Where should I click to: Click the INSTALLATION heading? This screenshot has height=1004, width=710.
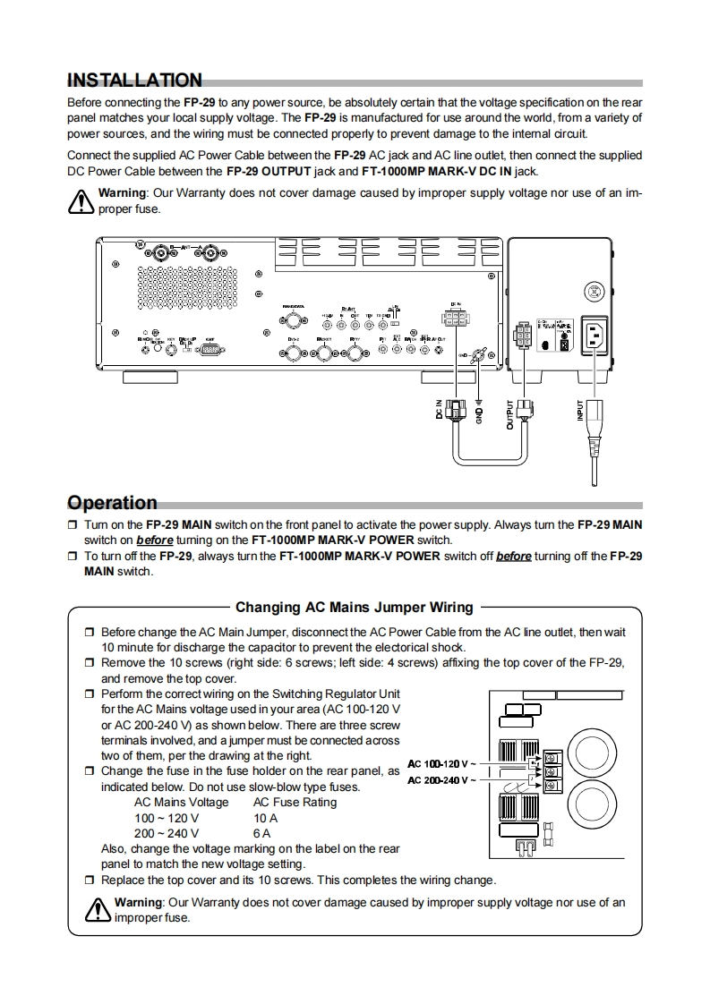click(135, 81)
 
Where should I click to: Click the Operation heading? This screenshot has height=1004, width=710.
click(113, 502)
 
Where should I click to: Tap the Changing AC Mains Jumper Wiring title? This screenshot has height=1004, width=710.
click(354, 608)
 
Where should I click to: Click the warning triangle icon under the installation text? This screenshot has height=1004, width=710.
click(81, 202)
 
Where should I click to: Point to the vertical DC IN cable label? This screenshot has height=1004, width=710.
click(440, 412)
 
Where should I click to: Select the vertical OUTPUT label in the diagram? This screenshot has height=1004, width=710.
click(510, 413)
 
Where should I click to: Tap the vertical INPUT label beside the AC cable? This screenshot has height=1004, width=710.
click(580, 410)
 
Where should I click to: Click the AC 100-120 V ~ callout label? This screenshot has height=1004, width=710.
click(442, 764)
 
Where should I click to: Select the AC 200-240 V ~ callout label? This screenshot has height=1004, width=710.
click(442, 780)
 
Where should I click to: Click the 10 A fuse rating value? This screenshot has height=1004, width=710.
click(265, 818)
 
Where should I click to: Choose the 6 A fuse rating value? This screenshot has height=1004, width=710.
click(261, 833)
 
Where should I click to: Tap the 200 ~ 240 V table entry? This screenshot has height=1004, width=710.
click(167, 833)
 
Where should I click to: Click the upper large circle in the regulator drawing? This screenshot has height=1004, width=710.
click(593, 744)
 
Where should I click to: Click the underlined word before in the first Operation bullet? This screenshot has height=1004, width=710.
click(156, 540)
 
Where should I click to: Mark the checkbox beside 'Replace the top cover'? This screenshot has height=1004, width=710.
click(89, 881)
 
